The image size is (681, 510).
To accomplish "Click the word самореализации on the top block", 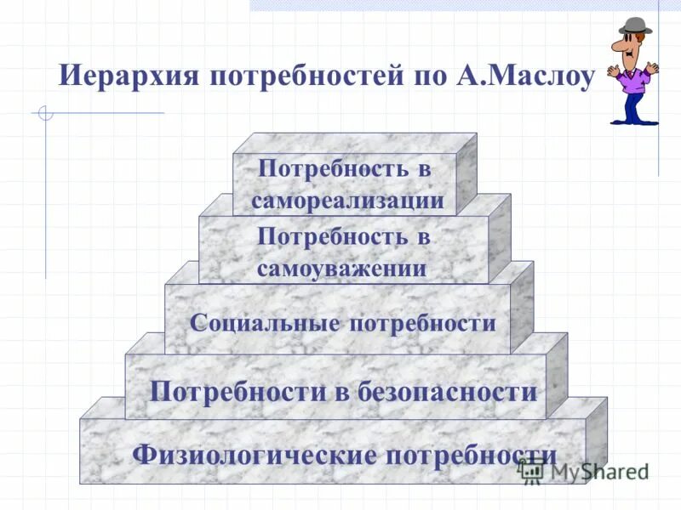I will [x=347, y=201].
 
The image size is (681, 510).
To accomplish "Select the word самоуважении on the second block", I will [x=341, y=269].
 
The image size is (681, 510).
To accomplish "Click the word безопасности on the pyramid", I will [x=450, y=392].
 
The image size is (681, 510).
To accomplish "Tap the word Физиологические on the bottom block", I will [x=255, y=454].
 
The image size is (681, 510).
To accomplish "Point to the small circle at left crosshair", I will [x=46, y=113].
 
